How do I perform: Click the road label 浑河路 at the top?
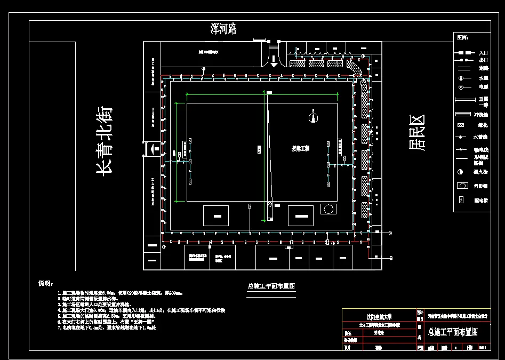point(223,29)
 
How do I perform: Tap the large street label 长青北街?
point(104,141)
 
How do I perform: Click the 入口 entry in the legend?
point(483,53)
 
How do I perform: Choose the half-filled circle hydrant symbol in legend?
point(461,172)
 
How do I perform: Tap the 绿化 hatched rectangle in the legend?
point(461,126)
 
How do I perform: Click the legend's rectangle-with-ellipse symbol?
point(462,186)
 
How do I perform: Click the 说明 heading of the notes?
point(46,283)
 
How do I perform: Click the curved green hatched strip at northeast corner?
point(354,69)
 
